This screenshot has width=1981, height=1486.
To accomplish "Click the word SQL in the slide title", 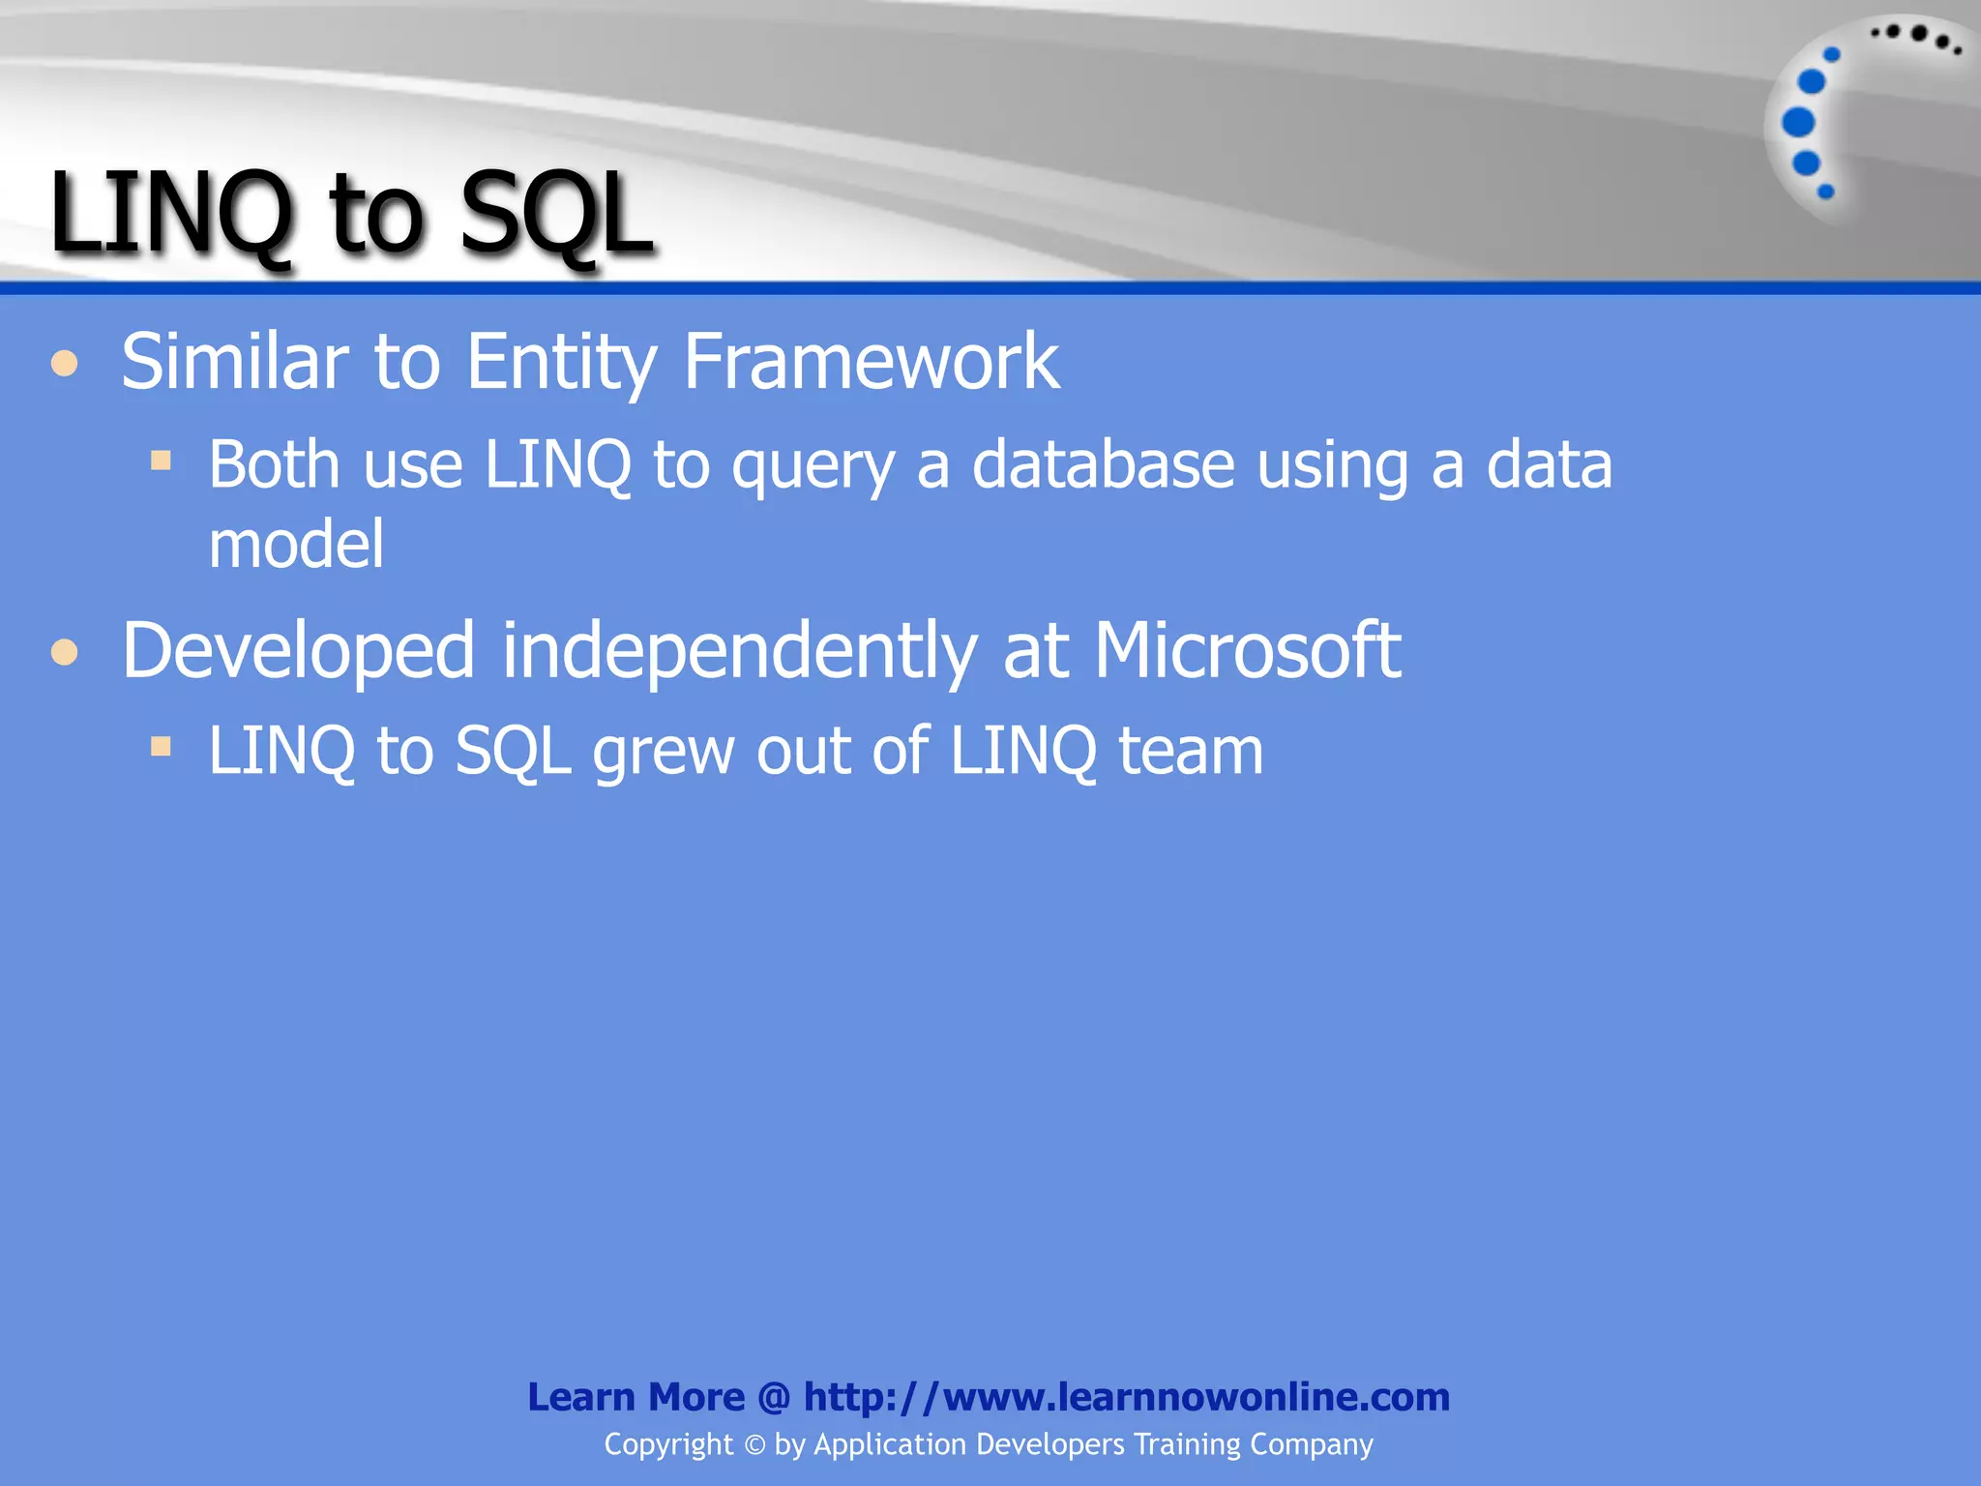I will point(555,214).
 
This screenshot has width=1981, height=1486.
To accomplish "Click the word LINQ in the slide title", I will point(170,214).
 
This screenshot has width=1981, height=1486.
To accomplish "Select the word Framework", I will point(871,362).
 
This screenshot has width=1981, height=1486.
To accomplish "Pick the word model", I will point(296,544).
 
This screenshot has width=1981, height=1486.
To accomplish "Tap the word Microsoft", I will point(1247,650).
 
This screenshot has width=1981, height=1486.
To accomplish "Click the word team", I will point(1191,752).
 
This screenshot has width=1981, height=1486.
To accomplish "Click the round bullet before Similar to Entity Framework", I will point(65,365).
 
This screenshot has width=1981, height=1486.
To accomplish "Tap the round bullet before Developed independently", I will point(65,653).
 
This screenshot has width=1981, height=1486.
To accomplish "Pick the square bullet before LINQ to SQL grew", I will point(161,746).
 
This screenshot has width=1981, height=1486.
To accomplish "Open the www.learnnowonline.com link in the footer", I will point(1127,1397).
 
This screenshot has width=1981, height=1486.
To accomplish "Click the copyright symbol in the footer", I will point(754,1445).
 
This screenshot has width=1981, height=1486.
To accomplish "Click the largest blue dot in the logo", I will point(1798,123).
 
